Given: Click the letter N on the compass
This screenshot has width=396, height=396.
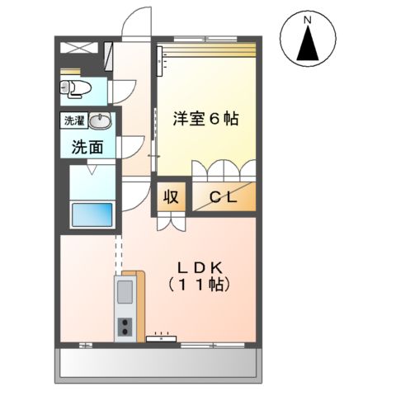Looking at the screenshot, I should coord(308,19).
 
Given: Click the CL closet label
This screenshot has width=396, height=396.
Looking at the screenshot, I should coord(224,197).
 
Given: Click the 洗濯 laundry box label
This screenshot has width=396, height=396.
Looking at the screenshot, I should coord(75,121).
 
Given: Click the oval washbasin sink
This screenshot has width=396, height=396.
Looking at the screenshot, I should coord(101,122).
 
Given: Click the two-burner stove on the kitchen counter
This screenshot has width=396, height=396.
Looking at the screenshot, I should coord(126,327).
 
